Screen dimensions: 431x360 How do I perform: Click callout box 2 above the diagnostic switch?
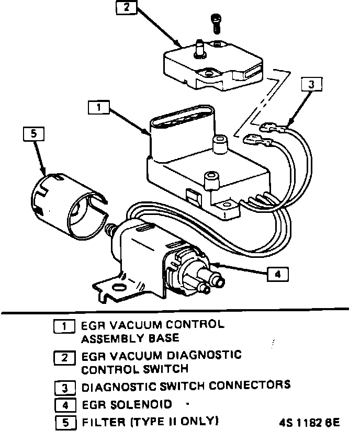(127, 8)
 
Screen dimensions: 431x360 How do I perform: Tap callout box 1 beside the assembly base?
(98, 107)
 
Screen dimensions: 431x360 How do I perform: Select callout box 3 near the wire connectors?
(311, 84)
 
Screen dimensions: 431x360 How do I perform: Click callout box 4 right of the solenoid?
(277, 273)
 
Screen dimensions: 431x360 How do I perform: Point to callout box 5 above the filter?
(33, 134)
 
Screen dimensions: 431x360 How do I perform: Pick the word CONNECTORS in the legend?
(250, 387)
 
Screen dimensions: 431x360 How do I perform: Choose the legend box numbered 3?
(64, 388)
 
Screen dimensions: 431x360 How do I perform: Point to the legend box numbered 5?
(64, 422)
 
